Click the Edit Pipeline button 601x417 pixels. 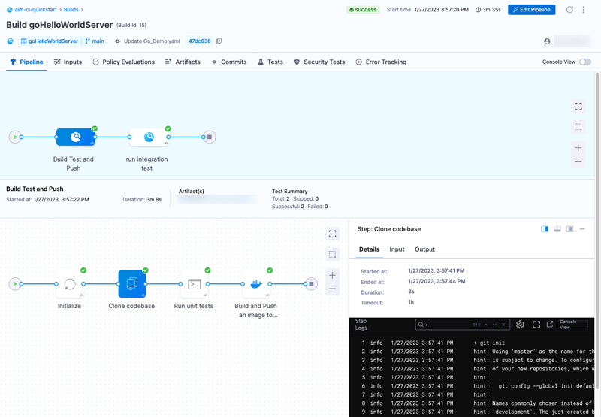coord(531,10)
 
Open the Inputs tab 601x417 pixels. coord(68,62)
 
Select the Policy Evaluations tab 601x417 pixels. coord(123,62)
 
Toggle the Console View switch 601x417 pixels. coord(584,62)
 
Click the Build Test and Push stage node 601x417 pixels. coord(75,137)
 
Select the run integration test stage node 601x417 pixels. coord(148,137)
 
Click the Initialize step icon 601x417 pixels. coord(70,284)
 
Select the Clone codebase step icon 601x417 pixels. coord(131,284)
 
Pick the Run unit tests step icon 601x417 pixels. coord(194,284)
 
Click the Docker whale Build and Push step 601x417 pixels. coord(256,284)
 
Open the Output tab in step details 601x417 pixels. coord(424,249)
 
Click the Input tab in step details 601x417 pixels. coord(397,249)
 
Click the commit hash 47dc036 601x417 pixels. coord(199,41)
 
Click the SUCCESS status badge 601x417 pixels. coord(363,10)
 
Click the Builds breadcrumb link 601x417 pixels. coord(71,10)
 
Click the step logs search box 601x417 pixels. coord(447,325)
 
